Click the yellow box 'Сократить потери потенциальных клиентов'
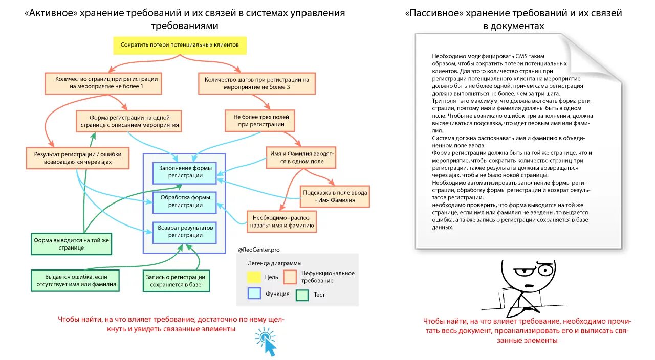coord(180,45)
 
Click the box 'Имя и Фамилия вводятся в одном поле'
coord(301,157)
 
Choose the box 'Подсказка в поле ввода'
coord(335,196)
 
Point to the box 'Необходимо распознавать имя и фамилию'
coord(281,221)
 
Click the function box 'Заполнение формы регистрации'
coord(185,172)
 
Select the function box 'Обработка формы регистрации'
coord(185,201)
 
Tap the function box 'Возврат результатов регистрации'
coord(185,232)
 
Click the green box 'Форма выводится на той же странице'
coord(71,243)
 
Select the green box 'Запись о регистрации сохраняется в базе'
coord(176,281)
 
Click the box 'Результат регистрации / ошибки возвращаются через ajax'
coord(77,158)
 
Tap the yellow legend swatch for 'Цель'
coord(254,277)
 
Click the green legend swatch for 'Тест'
coord(302,295)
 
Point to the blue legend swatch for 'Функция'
coord(254,294)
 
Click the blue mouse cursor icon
coord(267,342)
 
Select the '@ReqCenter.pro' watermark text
coord(258,250)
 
